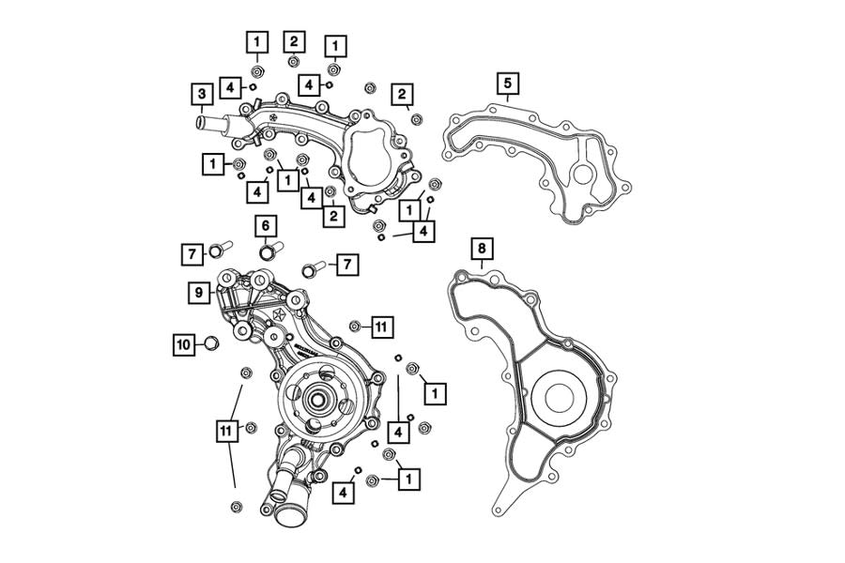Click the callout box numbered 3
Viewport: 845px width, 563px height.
tap(200, 94)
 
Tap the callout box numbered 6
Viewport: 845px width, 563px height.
tap(265, 225)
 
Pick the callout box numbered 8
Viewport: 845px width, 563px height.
tap(481, 249)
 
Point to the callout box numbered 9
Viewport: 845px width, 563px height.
tap(199, 293)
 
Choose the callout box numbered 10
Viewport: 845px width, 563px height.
tap(185, 344)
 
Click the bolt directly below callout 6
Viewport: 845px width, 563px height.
tap(269, 251)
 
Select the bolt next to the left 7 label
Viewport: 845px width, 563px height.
tap(220, 250)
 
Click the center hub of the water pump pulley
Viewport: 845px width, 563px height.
tap(315, 400)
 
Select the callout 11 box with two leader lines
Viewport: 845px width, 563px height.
tap(225, 430)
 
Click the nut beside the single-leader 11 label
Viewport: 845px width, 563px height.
tap(355, 326)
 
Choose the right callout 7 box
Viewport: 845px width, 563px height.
tap(346, 265)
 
